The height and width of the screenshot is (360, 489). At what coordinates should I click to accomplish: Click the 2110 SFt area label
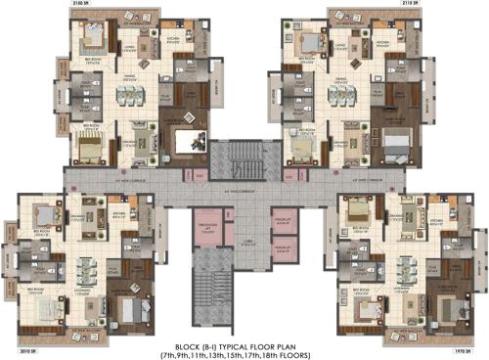click(x=415, y=5)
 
